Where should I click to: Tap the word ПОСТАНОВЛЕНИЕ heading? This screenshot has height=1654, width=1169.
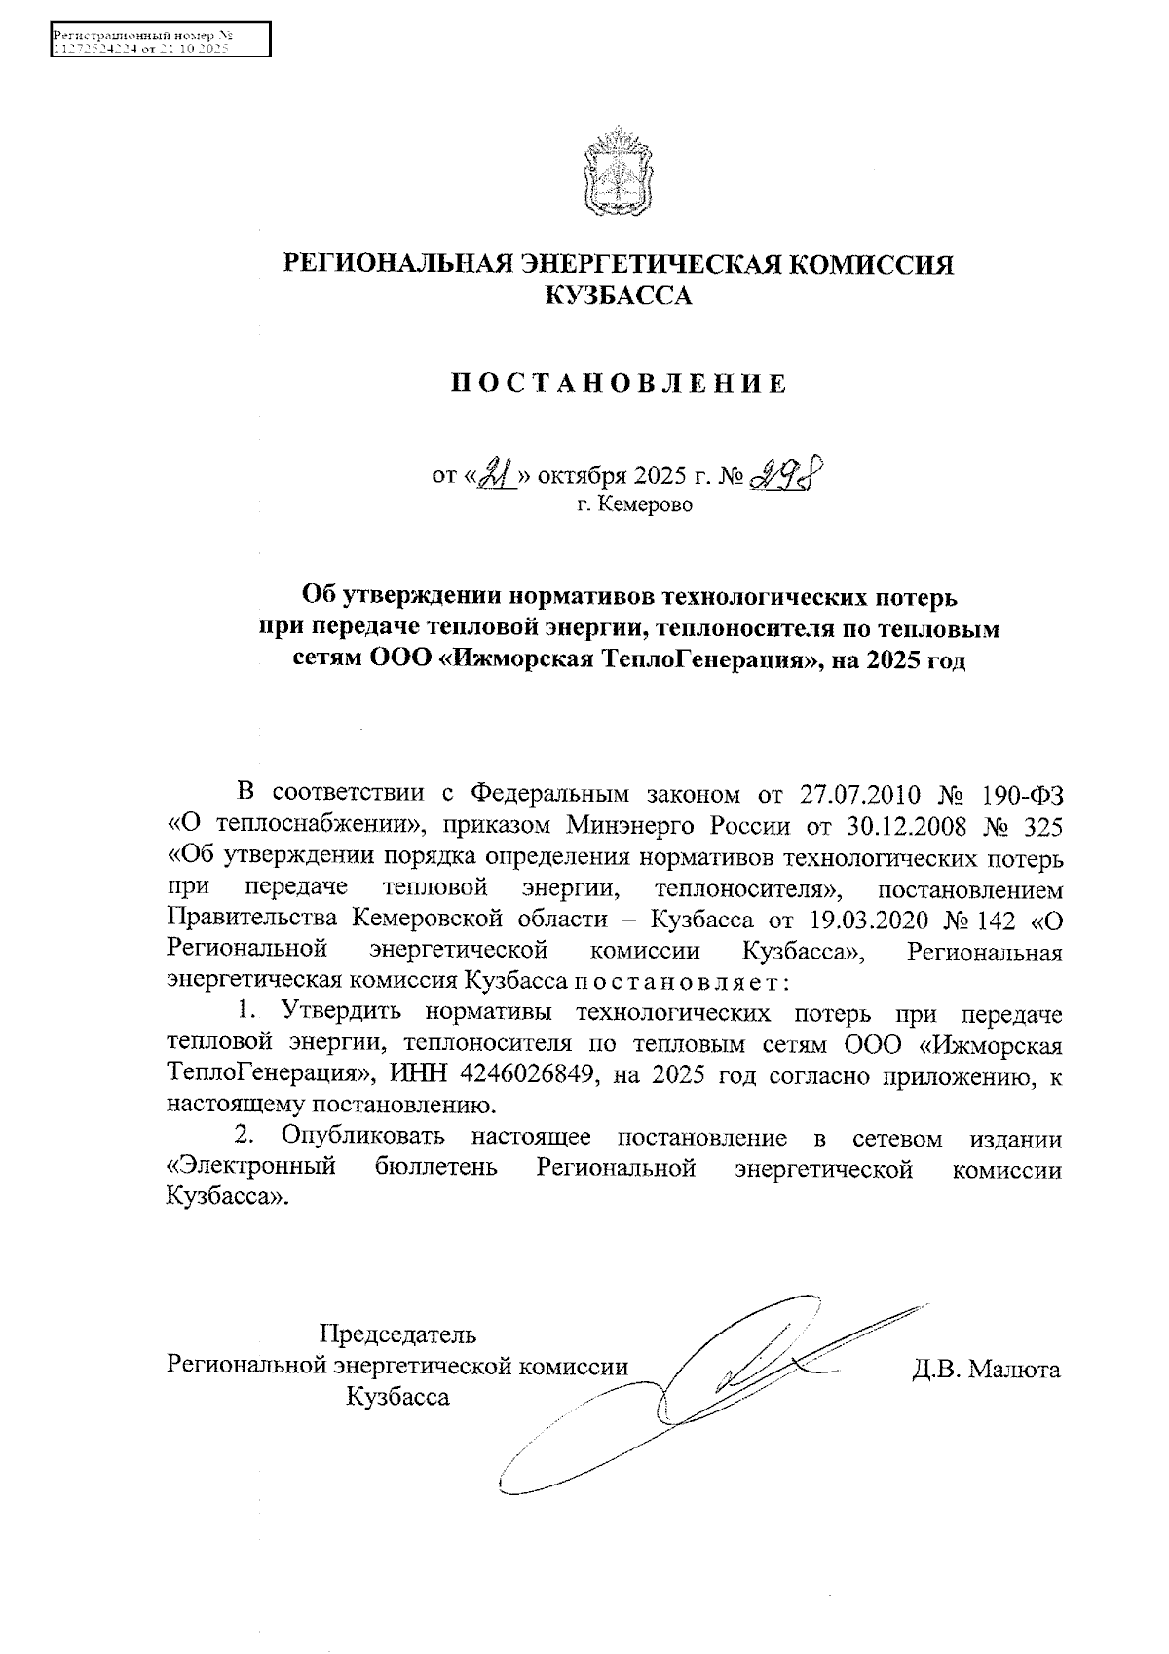pyautogui.click(x=618, y=384)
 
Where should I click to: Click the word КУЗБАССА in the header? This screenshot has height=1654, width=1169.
pyautogui.click(x=618, y=296)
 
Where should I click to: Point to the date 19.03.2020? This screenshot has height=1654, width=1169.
pyautogui.click(x=862, y=920)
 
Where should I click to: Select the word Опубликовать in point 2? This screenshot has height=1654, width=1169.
pyautogui.click(x=362, y=1137)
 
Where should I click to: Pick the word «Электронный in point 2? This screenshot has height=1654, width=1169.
pyautogui.click(x=251, y=1168)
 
